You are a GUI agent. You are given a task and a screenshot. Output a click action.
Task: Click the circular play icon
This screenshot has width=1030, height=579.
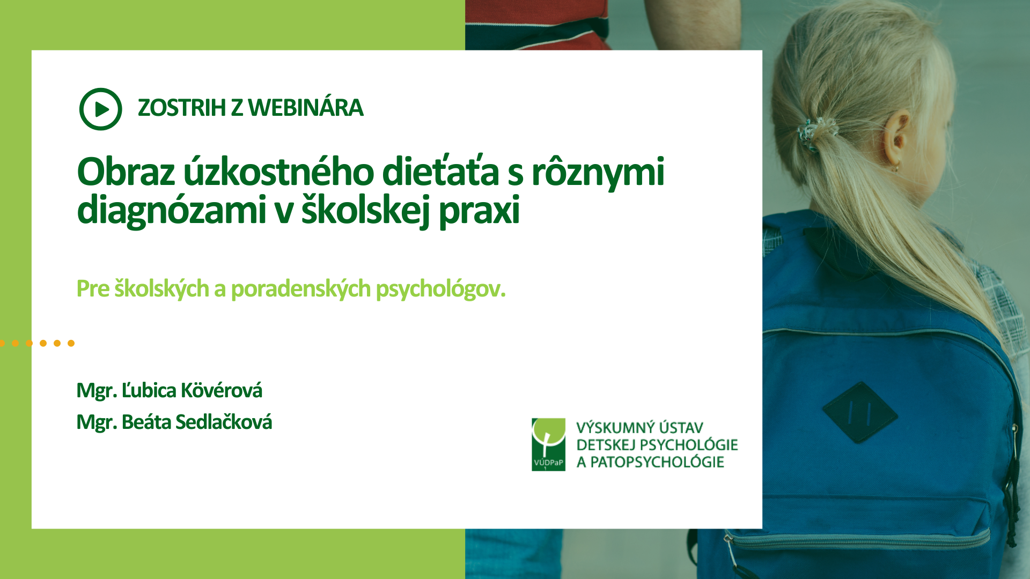tap(100, 109)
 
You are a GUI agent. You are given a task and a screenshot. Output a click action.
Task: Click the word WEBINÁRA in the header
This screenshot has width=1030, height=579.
tap(306, 108)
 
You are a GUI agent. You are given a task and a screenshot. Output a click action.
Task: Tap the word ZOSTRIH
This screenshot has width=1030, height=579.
tap(182, 108)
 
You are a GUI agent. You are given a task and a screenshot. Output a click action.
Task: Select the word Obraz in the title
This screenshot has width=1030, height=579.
tap(126, 172)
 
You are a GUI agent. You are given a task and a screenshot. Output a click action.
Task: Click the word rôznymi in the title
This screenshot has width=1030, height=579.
tap(598, 173)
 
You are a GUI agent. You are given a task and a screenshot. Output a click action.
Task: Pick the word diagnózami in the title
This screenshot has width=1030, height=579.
tap(172, 210)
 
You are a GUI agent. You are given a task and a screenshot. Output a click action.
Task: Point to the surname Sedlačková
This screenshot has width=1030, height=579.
tap(224, 422)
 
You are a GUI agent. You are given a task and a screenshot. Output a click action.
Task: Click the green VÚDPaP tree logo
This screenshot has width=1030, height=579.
tap(548, 444)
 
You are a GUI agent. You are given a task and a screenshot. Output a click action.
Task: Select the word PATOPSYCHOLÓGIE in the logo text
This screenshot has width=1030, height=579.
tap(658, 462)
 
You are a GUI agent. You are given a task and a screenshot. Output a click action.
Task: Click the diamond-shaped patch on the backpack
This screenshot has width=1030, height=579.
tap(859, 412)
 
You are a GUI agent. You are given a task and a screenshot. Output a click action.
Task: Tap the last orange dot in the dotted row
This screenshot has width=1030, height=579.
tap(71, 343)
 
